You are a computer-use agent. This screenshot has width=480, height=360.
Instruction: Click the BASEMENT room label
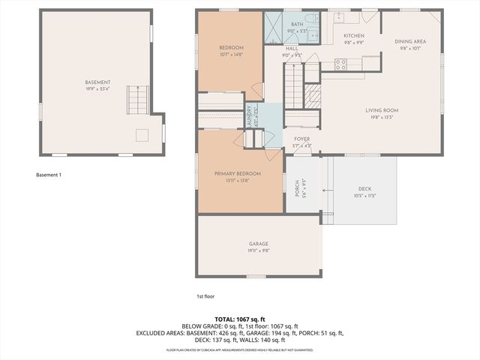point(97,82)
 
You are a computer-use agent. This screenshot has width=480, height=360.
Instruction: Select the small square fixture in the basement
point(142,135)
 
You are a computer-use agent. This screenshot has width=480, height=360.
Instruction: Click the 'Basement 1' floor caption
point(49,175)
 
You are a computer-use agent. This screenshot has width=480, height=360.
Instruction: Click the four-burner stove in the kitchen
point(340,65)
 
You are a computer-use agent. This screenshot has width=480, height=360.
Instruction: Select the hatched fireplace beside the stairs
point(313,95)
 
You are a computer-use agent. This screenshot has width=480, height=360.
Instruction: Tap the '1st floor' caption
point(205,295)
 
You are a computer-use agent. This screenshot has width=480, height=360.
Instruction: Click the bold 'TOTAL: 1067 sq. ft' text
point(240,319)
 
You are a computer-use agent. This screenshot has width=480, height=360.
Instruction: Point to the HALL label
point(292,49)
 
